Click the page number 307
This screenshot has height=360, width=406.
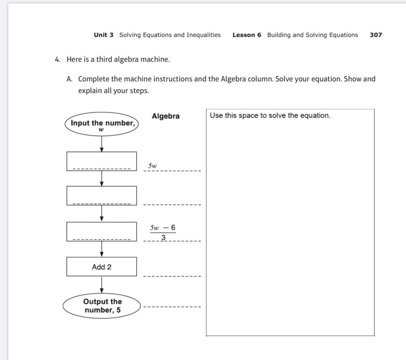tap(376, 35)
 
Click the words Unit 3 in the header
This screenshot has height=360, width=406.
tap(104, 35)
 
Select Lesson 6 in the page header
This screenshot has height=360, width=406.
tap(247, 35)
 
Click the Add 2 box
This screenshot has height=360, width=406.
tap(102, 267)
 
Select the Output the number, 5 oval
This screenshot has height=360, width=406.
tap(103, 306)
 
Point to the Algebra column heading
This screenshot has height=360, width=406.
tap(165, 116)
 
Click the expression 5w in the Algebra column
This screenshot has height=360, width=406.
tap(152, 166)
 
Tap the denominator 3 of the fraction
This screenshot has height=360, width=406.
tap(163, 238)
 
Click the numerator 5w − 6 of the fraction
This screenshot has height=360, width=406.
tap(162, 228)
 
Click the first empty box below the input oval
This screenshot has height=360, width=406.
tap(102, 161)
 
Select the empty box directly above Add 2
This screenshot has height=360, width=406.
tap(102, 231)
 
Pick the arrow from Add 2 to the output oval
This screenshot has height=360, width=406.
tap(102, 285)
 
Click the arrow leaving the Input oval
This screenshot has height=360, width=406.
tap(102, 143)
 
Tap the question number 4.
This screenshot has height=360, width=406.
tap(57, 59)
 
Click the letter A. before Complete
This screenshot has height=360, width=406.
tap(69, 79)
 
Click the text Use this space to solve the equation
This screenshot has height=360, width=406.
tap(270, 116)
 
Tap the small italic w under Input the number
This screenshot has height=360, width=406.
tap(101, 130)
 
